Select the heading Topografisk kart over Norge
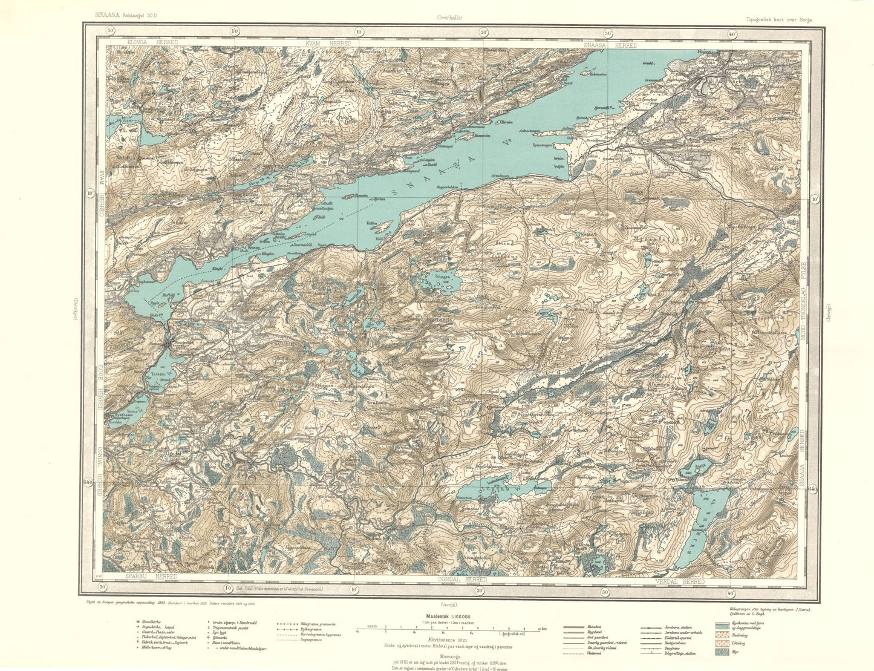pos(780,19)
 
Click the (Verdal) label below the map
pos(448,604)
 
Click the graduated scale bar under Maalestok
pos(448,630)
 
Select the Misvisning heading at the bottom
pos(448,653)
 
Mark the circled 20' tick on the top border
pos(484,32)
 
